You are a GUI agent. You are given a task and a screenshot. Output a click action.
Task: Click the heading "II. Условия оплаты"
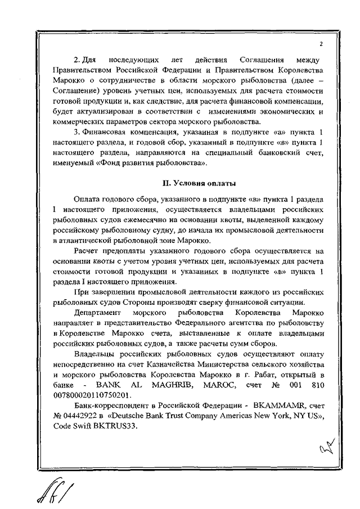pyautogui.click(x=198, y=183)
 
